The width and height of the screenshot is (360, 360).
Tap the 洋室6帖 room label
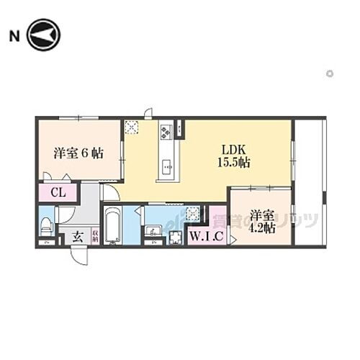tap(78, 153)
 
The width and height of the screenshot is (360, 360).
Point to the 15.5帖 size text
tap(234, 163)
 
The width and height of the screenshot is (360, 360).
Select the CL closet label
tap(59, 193)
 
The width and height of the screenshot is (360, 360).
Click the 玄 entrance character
tap(77, 236)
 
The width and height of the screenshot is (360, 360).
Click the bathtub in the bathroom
tap(112, 227)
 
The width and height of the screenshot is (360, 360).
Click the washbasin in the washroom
tap(153, 232)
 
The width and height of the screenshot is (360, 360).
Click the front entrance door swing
tap(79, 256)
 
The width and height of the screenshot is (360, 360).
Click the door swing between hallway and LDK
tap(110, 192)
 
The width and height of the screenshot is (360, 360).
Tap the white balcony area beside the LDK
tap(309, 180)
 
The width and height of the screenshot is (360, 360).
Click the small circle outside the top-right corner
tap(330, 73)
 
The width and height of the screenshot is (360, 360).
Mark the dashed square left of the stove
tap(132, 127)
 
